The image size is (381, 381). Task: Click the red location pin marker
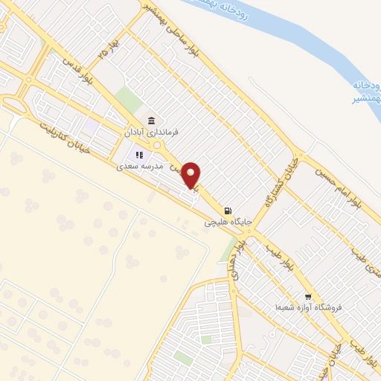click(x=191, y=175)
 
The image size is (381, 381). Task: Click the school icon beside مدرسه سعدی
click(x=138, y=155)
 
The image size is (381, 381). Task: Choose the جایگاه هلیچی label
click(x=229, y=222)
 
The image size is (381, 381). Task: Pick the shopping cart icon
click(x=308, y=295)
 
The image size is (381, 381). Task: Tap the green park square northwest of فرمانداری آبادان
click(x=129, y=99)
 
